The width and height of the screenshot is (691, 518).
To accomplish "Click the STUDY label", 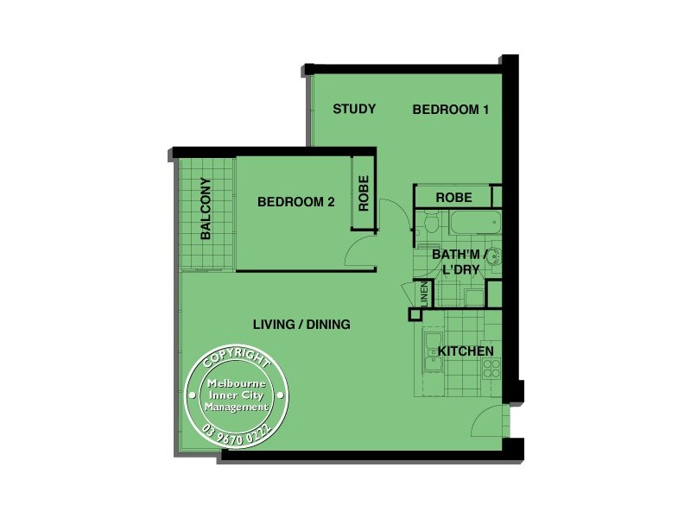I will (354, 109).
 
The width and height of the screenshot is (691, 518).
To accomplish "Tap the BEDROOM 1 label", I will (451, 110).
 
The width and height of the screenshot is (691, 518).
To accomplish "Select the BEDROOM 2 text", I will (296, 202).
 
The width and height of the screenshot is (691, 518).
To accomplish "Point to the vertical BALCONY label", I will (206, 209).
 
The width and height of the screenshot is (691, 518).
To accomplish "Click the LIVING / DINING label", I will (301, 325).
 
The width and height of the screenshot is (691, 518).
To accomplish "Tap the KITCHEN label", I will (466, 351).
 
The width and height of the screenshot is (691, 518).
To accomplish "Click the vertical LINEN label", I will (424, 294).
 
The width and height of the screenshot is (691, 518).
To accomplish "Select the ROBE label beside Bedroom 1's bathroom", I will (453, 198).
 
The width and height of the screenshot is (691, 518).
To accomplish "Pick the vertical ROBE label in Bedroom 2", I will (364, 194).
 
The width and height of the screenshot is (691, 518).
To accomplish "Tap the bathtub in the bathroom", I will (474, 224).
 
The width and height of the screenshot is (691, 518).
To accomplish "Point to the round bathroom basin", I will (493, 256).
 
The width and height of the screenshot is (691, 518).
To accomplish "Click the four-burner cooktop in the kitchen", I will (491, 370).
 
